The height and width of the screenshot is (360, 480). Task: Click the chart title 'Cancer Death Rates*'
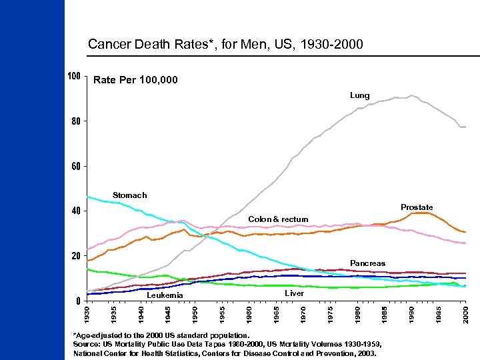(x=225, y=45)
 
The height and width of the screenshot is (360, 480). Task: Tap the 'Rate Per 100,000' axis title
(x=135, y=80)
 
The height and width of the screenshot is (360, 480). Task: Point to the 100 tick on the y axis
(x=74, y=76)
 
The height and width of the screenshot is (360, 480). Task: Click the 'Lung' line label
(x=359, y=95)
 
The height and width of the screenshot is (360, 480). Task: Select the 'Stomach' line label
(x=129, y=195)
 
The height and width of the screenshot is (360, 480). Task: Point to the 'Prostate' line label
(x=417, y=207)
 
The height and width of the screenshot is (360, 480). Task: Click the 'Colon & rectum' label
(x=278, y=219)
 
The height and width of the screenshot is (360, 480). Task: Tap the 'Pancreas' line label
(x=367, y=263)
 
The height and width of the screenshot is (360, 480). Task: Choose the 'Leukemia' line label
(x=165, y=295)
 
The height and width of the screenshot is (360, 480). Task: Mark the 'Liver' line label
(x=294, y=293)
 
